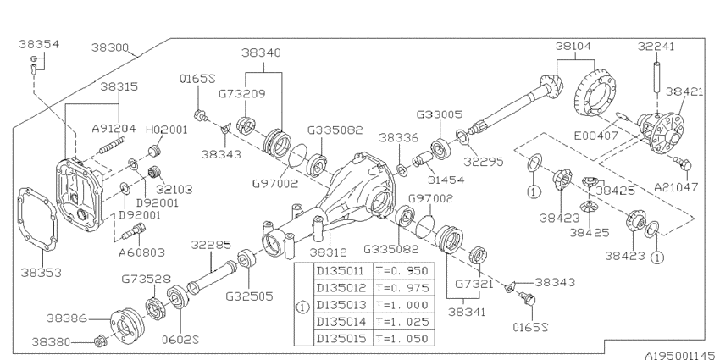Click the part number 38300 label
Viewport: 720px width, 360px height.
click(x=110, y=47)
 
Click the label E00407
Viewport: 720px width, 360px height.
click(x=596, y=136)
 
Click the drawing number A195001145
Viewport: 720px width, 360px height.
click(x=683, y=356)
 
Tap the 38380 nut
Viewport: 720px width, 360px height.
click(x=99, y=341)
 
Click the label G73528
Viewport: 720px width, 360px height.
click(x=146, y=280)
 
